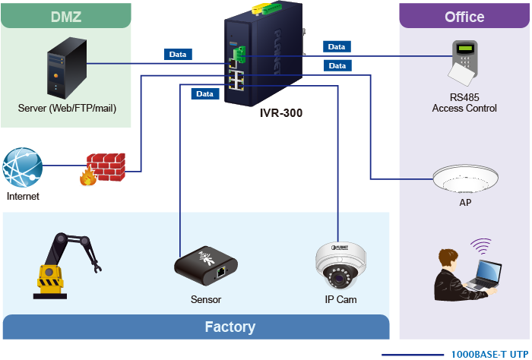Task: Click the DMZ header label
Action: pos(67,16)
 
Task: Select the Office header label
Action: pos(464,17)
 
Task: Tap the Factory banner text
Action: pos(230,327)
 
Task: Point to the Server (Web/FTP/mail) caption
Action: pos(67,108)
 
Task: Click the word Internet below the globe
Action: pos(22,196)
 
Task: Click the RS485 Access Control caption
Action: pos(464,103)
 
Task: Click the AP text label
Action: pos(465,204)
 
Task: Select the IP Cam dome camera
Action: pos(335,267)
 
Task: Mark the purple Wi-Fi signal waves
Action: pos(480,247)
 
